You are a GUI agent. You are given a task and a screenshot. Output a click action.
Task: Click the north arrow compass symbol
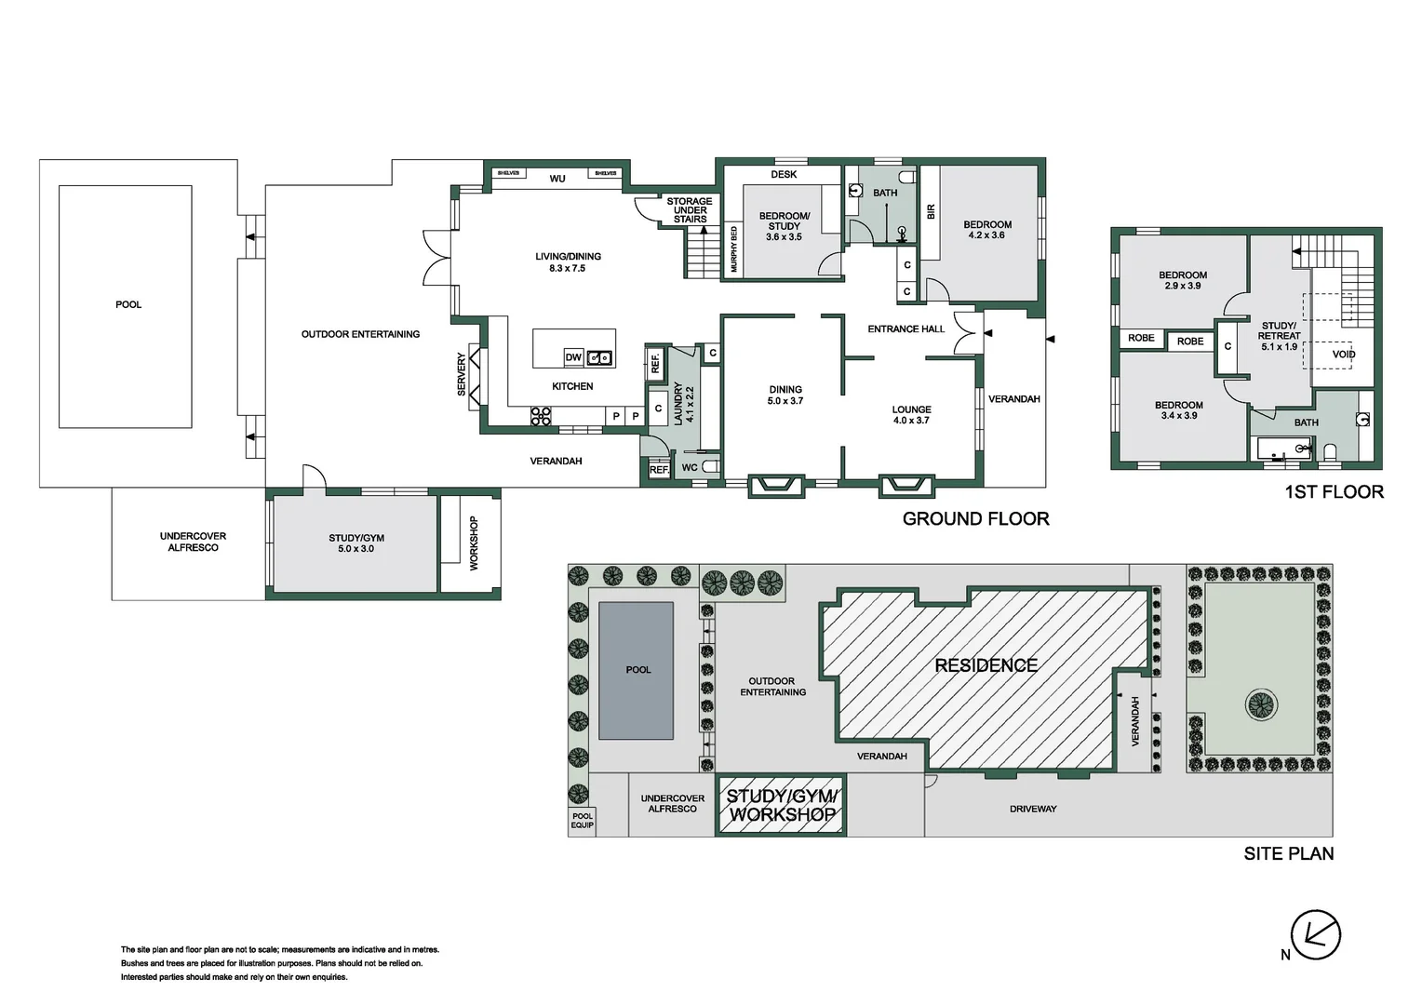[1315, 934]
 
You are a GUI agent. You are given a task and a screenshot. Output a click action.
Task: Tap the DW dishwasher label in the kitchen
[573, 357]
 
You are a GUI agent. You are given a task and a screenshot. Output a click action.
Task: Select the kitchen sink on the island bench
[599, 357]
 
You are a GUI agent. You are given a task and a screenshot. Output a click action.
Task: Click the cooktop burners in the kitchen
[541, 416]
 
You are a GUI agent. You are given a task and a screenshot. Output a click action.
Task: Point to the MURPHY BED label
[733, 249]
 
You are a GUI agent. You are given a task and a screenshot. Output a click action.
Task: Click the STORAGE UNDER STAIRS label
[690, 210]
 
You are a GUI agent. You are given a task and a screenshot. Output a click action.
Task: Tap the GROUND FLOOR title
[975, 519]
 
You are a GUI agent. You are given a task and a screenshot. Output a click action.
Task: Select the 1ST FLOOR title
[1334, 492]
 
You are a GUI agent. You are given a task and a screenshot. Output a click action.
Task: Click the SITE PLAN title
[1288, 853]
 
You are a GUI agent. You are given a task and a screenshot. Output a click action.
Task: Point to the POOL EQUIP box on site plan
[582, 821]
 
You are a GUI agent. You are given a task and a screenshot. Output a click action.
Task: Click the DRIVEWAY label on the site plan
[1033, 809]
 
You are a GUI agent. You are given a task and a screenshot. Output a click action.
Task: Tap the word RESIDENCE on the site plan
[986, 665]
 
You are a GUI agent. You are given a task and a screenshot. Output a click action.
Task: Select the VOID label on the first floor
[1343, 355]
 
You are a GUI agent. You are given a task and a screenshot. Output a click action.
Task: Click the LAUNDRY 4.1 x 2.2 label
[683, 404]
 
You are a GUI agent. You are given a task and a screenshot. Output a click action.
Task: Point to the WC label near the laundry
[690, 468]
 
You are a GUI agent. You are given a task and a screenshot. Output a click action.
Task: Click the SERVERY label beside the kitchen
[462, 374]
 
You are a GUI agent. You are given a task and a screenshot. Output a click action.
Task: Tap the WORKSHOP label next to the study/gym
[473, 543]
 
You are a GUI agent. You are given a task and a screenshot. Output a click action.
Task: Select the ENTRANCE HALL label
[906, 329]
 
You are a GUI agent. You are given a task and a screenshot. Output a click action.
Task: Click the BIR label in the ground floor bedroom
[931, 212]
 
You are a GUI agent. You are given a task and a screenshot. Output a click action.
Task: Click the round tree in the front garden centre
[1261, 704]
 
